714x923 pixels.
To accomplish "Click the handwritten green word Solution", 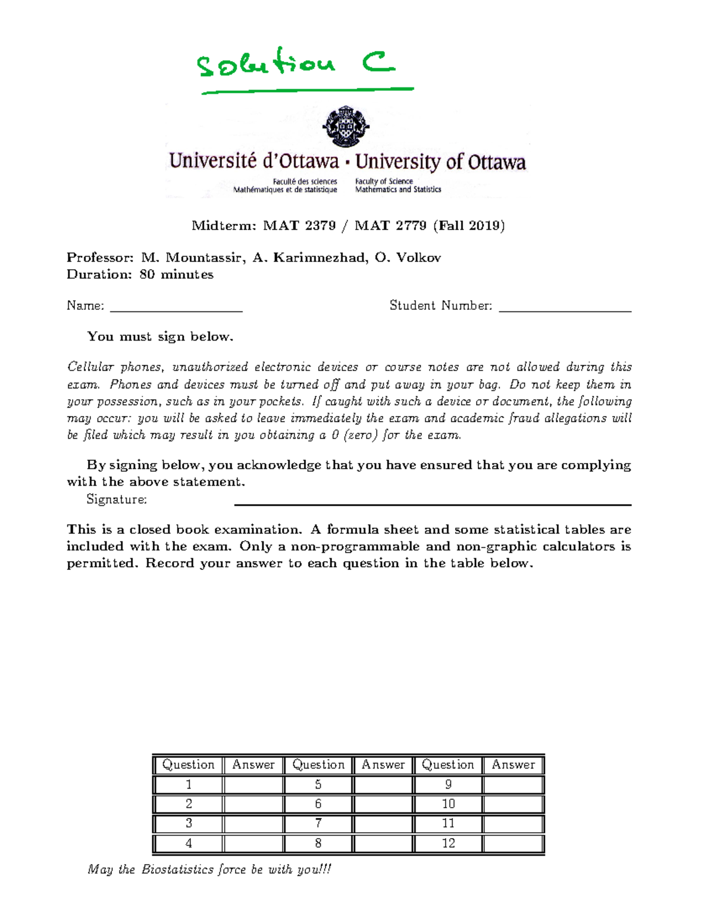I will [266, 64].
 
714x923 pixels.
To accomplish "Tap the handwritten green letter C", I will [378, 62].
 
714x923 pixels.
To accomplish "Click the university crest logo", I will [346, 126].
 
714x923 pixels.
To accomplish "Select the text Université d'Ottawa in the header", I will [254, 161].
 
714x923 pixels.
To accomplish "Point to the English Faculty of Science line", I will [384, 181].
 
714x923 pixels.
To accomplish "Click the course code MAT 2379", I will [299, 226].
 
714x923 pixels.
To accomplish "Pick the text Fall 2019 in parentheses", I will [469, 226].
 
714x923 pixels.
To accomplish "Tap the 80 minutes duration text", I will [176, 275].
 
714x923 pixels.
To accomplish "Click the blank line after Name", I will [176, 308].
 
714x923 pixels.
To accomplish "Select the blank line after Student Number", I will [565, 308].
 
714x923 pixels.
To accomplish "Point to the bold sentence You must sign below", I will [160, 337].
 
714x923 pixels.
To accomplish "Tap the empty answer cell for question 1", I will [253, 785].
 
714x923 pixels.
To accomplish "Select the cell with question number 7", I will [318, 824].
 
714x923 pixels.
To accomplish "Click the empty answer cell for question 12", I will [513, 843].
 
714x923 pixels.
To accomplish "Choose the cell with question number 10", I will [448, 804].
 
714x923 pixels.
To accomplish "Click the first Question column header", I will [188, 765].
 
